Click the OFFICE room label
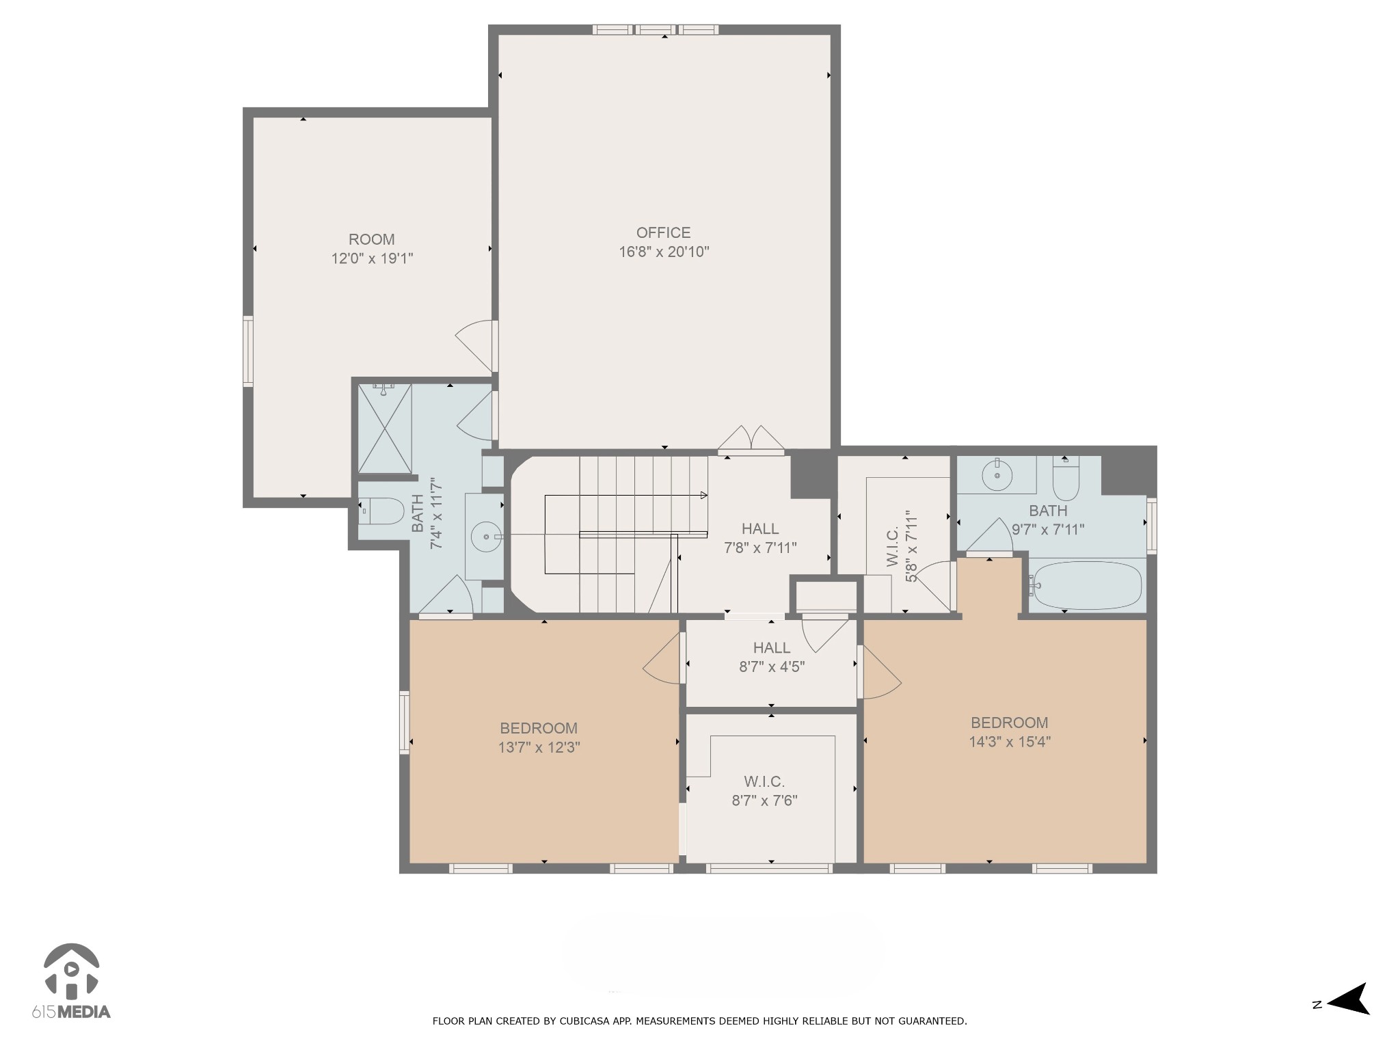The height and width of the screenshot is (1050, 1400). tap(663, 232)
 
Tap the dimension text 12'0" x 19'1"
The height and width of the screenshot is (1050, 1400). tap(372, 258)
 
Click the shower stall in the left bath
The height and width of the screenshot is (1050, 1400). tap(385, 429)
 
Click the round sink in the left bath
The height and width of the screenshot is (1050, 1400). tap(486, 537)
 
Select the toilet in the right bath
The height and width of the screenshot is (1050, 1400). tap(1066, 479)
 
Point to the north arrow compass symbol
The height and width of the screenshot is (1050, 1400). tap(1344, 1018)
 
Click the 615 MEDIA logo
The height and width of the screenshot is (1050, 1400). tap(71, 981)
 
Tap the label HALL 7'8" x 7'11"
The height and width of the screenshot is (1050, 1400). tap(760, 537)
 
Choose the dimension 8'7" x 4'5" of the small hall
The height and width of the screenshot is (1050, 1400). tap(772, 667)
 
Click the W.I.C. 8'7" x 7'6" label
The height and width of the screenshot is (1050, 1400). tap(764, 790)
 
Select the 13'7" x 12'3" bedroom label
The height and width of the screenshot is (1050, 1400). tap(539, 738)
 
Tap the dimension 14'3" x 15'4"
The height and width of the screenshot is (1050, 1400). tap(1010, 742)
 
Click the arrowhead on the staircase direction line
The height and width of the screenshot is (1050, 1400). tap(703, 496)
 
